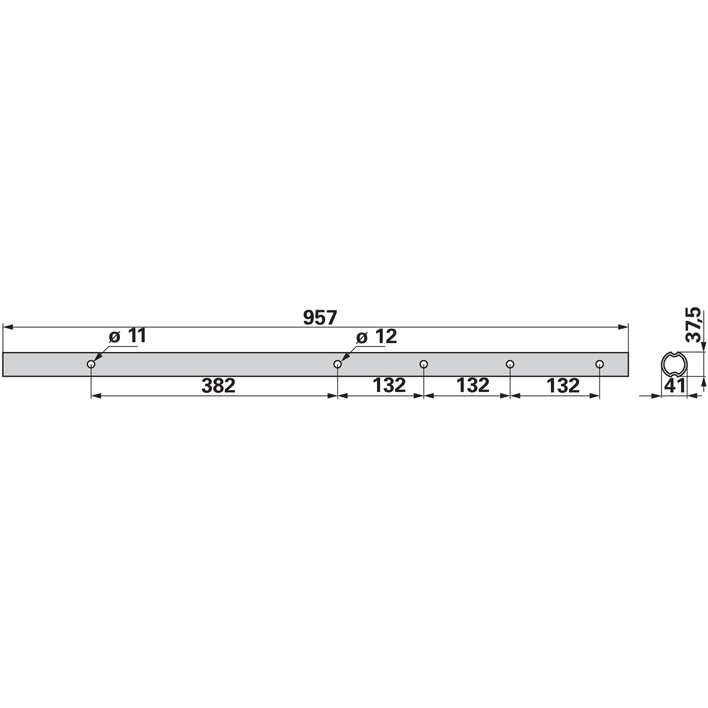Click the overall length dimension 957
coord(320,317)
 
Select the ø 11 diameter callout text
coord(127,336)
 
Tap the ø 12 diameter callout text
coord(377,337)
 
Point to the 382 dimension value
coord(218,386)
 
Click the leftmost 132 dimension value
coord(389,385)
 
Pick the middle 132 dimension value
coord(473,385)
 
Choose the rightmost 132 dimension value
coord(563,386)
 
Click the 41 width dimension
coord(675,386)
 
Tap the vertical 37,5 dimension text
coord(693,325)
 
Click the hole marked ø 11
coord(91,364)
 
